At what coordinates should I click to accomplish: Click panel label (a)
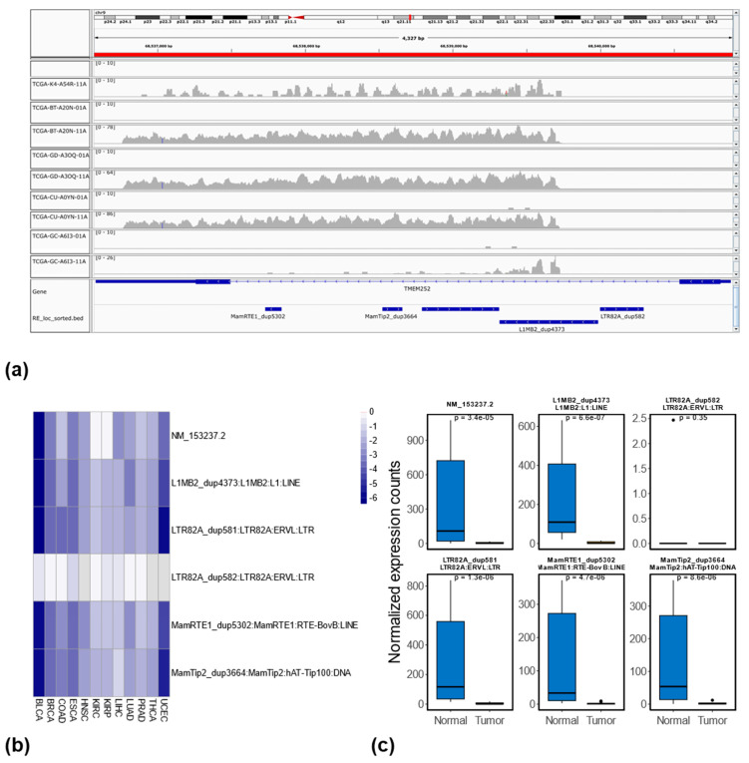click(17, 370)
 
